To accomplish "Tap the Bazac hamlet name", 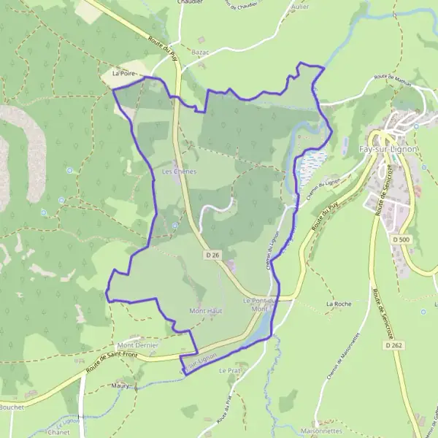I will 200,53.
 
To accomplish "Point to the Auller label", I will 299,7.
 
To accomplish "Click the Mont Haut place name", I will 205,311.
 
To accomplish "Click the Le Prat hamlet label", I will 229,371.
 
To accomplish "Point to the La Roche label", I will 339,303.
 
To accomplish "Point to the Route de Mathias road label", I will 393,80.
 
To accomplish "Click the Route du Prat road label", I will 223,410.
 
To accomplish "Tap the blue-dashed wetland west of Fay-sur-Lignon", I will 312,166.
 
